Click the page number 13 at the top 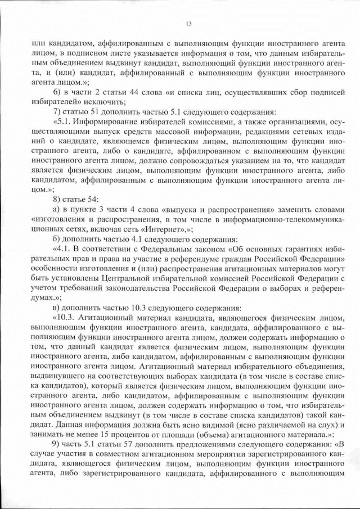tap(188, 23)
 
